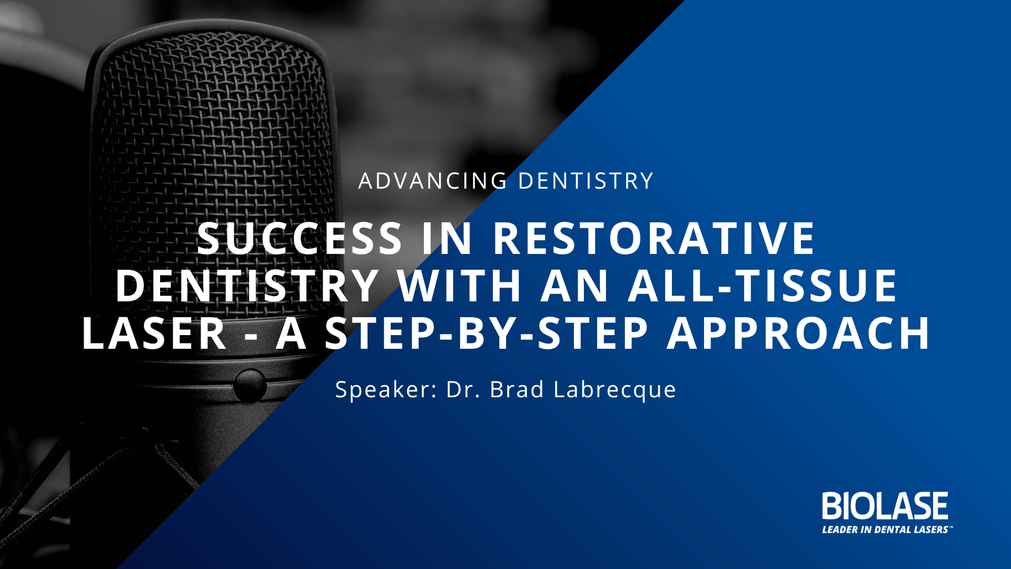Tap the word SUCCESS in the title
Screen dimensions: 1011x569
[x=300, y=238]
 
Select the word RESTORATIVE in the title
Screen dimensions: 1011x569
[x=654, y=238]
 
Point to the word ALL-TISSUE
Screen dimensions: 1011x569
[x=763, y=286]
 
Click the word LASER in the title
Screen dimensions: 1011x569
[x=154, y=333]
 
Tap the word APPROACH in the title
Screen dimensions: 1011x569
[x=799, y=333]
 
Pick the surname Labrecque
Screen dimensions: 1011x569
[x=614, y=390]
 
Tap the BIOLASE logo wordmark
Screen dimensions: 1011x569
[x=885, y=506]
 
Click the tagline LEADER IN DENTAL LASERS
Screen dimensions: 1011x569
[x=885, y=529]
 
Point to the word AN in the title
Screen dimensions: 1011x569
[x=575, y=286]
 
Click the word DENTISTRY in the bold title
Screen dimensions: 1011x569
[x=247, y=286]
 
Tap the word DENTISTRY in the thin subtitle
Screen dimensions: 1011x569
[x=586, y=181]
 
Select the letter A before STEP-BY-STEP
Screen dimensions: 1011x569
[x=291, y=333]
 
